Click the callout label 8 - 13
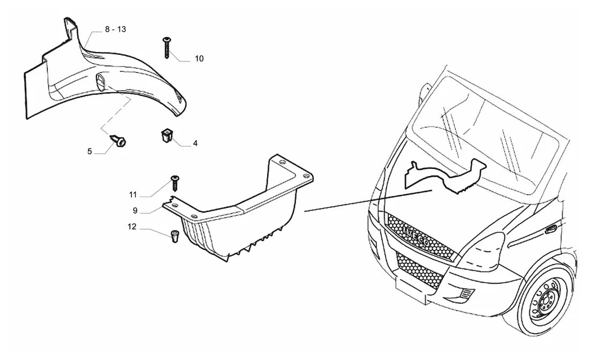pyautogui.click(x=115, y=30)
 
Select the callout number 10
pyautogui.click(x=199, y=58)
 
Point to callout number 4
pyautogui.click(x=195, y=143)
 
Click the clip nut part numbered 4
pyautogui.click(x=166, y=135)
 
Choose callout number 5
pyautogui.click(x=90, y=151)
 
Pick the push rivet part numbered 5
pyautogui.click(x=119, y=142)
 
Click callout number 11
pyautogui.click(x=132, y=195)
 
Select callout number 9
pyautogui.click(x=135, y=211)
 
